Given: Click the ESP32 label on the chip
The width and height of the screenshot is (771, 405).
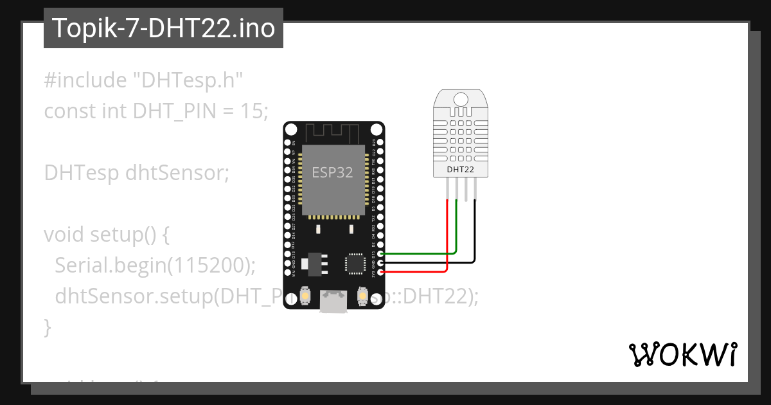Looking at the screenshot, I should [x=332, y=172].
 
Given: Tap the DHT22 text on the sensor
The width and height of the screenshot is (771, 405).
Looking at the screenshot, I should [x=461, y=170].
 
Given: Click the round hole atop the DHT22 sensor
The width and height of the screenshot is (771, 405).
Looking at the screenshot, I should [x=461, y=99].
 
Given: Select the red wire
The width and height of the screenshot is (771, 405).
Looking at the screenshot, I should [x=447, y=238].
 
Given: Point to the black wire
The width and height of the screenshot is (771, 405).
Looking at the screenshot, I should [x=475, y=238].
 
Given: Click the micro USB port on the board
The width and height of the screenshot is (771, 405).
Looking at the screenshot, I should [x=334, y=301].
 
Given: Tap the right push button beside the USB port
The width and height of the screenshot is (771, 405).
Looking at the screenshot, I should [x=362, y=296].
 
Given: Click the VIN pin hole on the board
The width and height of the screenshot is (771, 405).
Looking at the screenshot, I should [x=287, y=272].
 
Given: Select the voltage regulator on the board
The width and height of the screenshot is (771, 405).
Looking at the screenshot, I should [x=314, y=262].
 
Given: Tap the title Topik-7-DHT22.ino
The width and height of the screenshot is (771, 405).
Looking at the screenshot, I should [x=163, y=28].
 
